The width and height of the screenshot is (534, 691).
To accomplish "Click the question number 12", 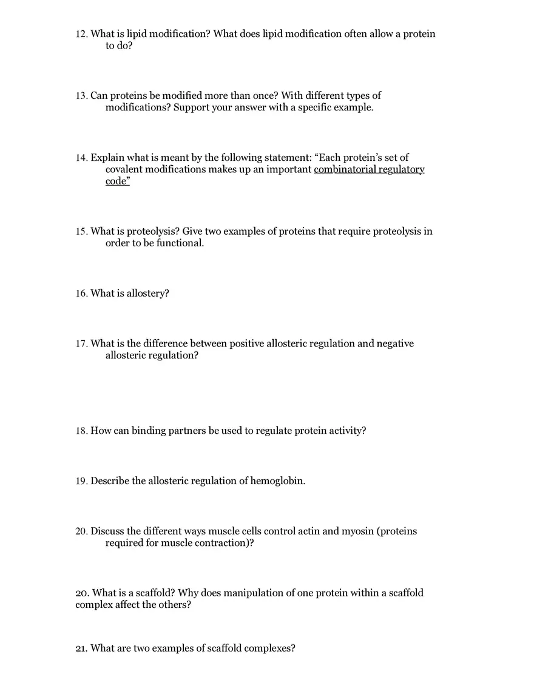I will tap(81, 35).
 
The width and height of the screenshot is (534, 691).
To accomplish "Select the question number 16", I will tap(81, 294).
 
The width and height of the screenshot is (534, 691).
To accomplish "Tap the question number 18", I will tap(81, 431).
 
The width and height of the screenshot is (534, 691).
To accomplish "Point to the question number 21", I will tap(81, 649).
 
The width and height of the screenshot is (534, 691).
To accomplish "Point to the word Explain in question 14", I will tap(108, 158).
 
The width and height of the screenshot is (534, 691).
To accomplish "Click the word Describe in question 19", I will tap(109, 481).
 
